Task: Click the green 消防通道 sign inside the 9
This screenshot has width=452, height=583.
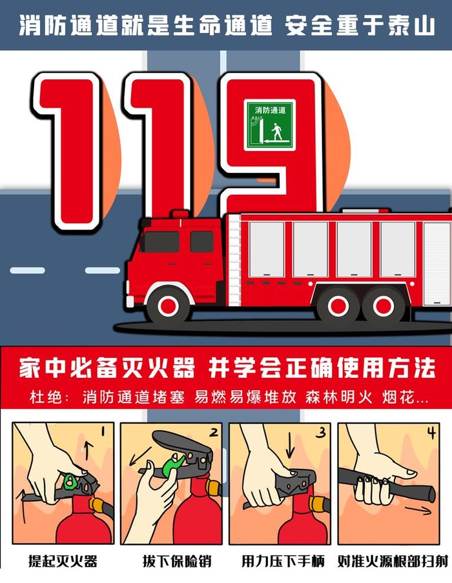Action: pyautogui.click(x=269, y=125)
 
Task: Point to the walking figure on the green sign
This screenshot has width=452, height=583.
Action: pyautogui.click(x=277, y=132)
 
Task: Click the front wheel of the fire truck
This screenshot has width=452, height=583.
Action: pyautogui.click(x=169, y=306)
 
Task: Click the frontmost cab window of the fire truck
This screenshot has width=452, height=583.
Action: pyautogui.click(x=159, y=242)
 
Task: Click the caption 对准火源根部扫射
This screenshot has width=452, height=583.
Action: pyautogui.click(x=393, y=561)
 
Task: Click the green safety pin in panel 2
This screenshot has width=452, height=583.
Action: pyautogui.click(x=172, y=466)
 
